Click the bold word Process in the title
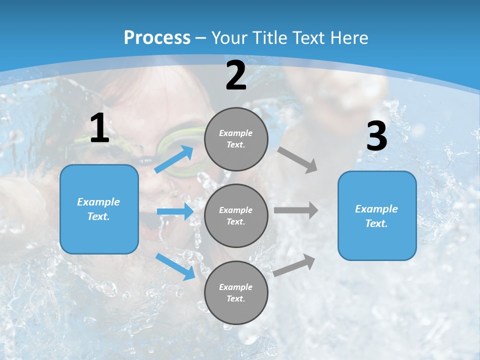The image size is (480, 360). pyautogui.click(x=157, y=38)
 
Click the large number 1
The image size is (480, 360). pyautogui.click(x=99, y=128)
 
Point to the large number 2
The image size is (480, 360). pyautogui.click(x=236, y=75)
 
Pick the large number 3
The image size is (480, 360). pyautogui.click(x=376, y=136)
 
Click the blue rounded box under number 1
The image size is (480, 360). pyautogui.click(x=99, y=209)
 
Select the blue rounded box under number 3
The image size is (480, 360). pyautogui.click(x=377, y=216)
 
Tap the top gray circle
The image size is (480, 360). pyautogui.click(x=236, y=139)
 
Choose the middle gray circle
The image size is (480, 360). pyautogui.click(x=236, y=215)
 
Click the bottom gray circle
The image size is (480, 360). pyautogui.click(x=236, y=292)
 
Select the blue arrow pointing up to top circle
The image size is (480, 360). pyautogui.click(x=174, y=159)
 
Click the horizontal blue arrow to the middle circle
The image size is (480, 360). pyautogui.click(x=175, y=212)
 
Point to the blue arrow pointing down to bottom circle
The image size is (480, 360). pyautogui.click(x=175, y=266)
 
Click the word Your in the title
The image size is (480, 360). pyautogui.click(x=229, y=38)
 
